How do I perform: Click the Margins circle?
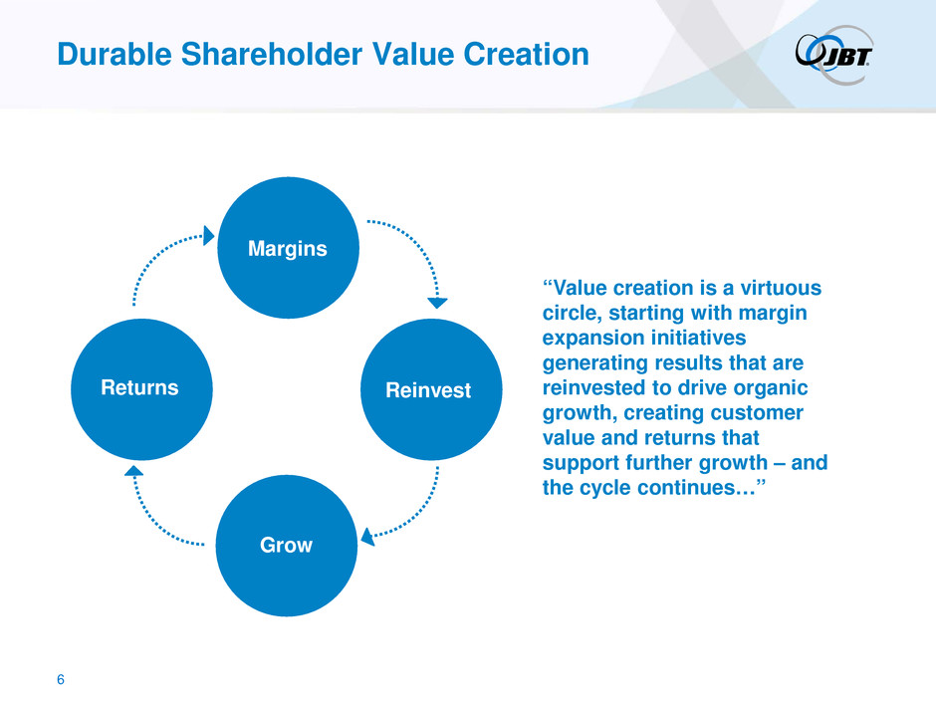coord(289,248)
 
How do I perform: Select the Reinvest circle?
coord(431,389)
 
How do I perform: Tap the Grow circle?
coord(287,545)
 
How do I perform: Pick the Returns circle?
coord(141,389)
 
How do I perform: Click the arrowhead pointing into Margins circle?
coord(208,236)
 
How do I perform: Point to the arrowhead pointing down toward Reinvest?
coord(437,303)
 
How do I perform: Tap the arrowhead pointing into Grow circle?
coord(367,537)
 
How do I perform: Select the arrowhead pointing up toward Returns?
coord(133,471)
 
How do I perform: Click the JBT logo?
coord(833,54)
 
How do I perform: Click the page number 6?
coord(61,679)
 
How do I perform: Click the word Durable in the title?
coord(115,55)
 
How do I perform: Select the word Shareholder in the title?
coord(272,55)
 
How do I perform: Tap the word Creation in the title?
coord(526,55)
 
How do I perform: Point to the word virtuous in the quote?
coord(781,288)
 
